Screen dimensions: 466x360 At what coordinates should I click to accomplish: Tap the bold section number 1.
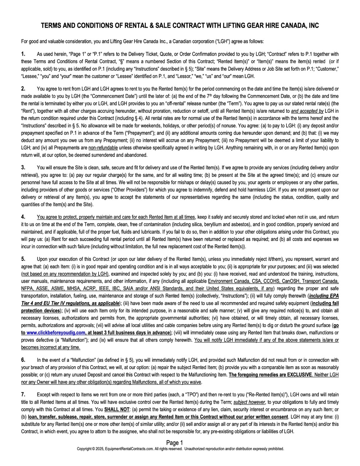tap(23, 54)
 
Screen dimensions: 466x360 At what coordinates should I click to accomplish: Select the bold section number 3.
tap(23, 167)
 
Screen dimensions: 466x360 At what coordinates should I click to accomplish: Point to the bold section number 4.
tap(23, 217)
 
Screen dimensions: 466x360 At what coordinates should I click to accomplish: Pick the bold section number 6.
tap(23, 360)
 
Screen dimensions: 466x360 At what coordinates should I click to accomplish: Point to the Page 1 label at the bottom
tap(175, 443)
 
